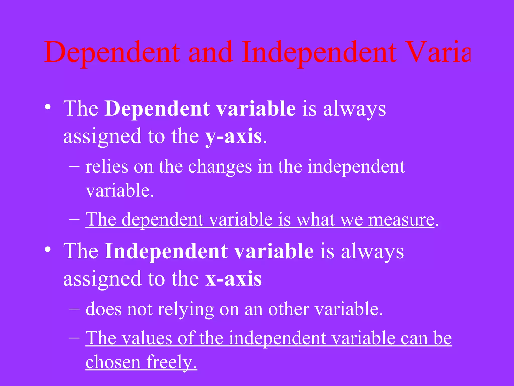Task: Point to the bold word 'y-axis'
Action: (x=233, y=137)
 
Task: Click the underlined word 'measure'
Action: (x=401, y=220)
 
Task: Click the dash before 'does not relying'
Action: (x=75, y=309)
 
